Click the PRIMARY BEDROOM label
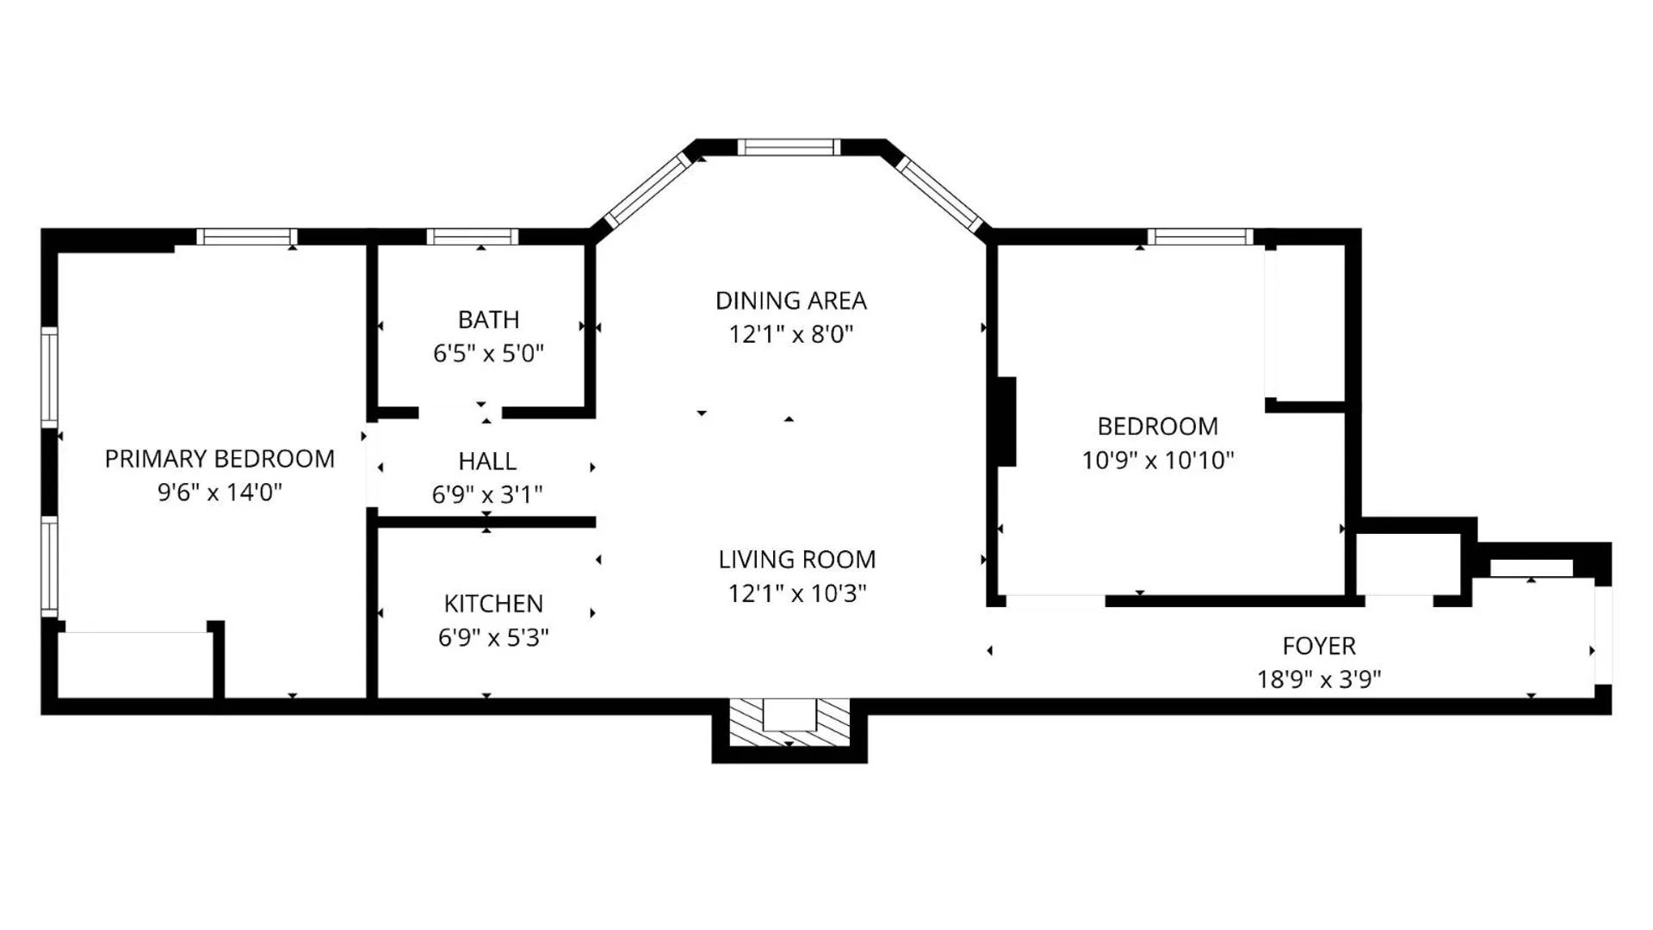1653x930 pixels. coord(220,459)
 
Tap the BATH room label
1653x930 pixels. coord(488,319)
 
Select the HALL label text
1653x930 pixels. coord(487,462)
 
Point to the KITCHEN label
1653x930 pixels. coord(493,604)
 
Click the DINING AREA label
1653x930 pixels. coord(791,301)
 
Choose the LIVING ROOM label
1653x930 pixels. coord(797,560)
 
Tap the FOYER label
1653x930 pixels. coord(1319,646)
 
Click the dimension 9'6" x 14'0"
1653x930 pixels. coord(220,493)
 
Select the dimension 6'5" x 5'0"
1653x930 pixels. coord(488,353)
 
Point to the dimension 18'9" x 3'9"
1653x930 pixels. coord(1319,679)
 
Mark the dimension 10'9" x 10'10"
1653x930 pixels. coord(1158,460)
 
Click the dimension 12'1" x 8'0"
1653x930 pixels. coord(791,334)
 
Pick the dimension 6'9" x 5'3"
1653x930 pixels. coord(493,637)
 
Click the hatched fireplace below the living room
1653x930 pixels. coord(789,722)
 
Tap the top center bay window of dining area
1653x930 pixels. coord(789,147)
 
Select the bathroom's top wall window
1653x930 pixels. coord(473,237)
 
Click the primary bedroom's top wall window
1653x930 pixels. coord(247,237)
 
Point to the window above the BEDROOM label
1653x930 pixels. coord(1200,237)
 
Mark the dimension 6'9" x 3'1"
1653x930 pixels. coord(487,495)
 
